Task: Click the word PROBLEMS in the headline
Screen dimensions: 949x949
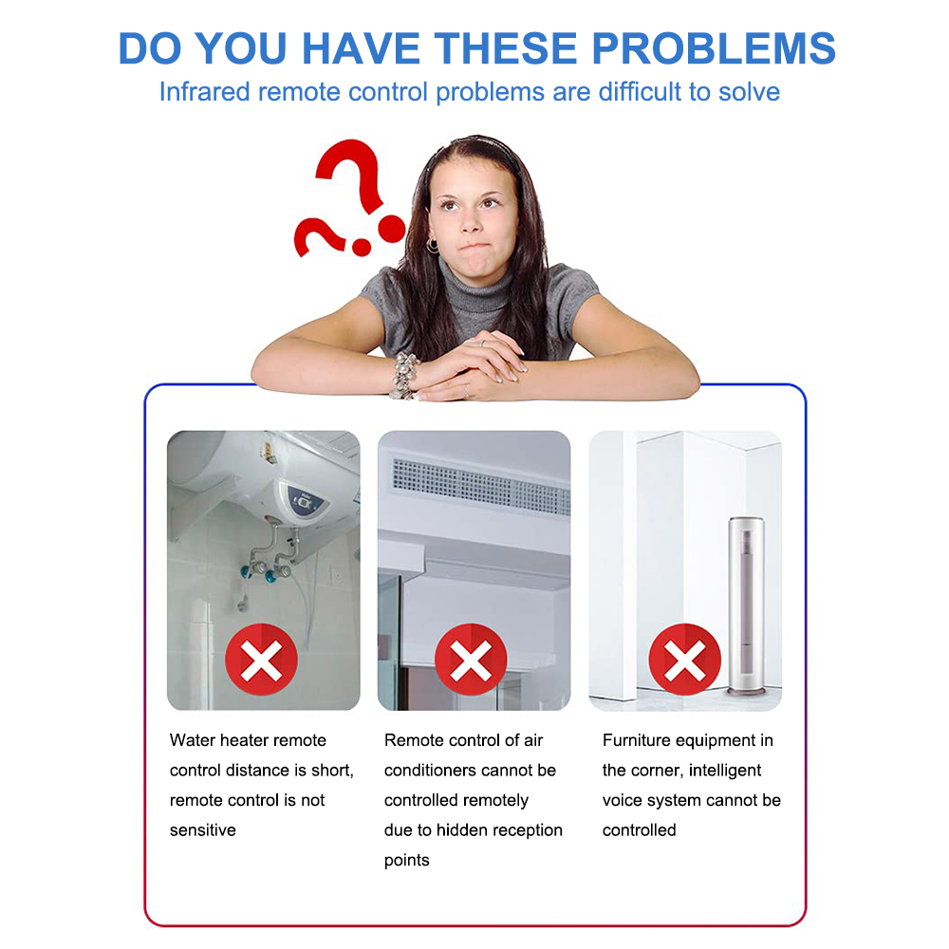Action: pos(714,48)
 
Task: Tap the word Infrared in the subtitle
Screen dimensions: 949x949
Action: pos(205,92)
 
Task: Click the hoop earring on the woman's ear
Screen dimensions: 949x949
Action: pos(432,245)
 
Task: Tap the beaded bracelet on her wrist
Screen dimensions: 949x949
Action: pos(404,375)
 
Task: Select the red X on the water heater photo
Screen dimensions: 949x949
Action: pos(262,660)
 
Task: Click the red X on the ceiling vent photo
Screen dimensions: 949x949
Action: pos(471,660)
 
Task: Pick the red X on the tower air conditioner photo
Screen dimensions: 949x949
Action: pos(685,660)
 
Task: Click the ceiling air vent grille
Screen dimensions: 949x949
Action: pos(481,486)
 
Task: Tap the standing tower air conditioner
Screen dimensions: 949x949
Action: pos(747,605)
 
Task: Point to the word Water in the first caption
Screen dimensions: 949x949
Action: pos(193,740)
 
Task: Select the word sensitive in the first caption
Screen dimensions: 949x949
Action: pos(203,829)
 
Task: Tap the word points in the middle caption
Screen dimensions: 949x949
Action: pos(407,861)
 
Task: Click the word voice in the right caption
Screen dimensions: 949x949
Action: pos(622,800)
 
